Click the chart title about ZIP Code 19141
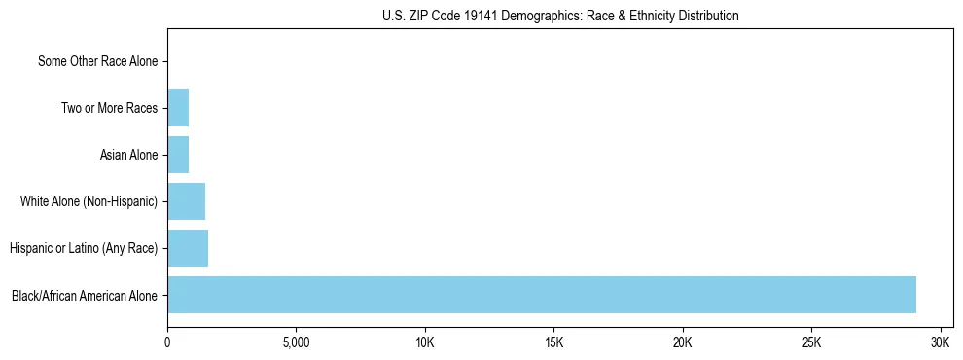(x=559, y=16)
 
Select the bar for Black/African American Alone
(x=541, y=295)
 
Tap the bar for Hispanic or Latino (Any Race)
(x=188, y=248)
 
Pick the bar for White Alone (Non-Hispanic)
(x=186, y=201)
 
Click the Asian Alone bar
(x=178, y=155)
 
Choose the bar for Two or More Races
(x=178, y=108)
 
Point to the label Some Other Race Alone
(x=97, y=61)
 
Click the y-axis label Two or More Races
(x=109, y=108)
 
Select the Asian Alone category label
(x=128, y=155)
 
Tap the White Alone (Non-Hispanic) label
(x=89, y=201)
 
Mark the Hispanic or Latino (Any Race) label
(x=84, y=248)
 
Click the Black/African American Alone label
(x=85, y=295)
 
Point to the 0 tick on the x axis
(x=167, y=342)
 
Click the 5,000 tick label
(x=296, y=342)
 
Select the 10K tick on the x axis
(x=425, y=342)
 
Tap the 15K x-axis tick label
(x=553, y=342)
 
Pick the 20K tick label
(x=683, y=342)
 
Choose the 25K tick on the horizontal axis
(x=811, y=342)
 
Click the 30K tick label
(x=941, y=342)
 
